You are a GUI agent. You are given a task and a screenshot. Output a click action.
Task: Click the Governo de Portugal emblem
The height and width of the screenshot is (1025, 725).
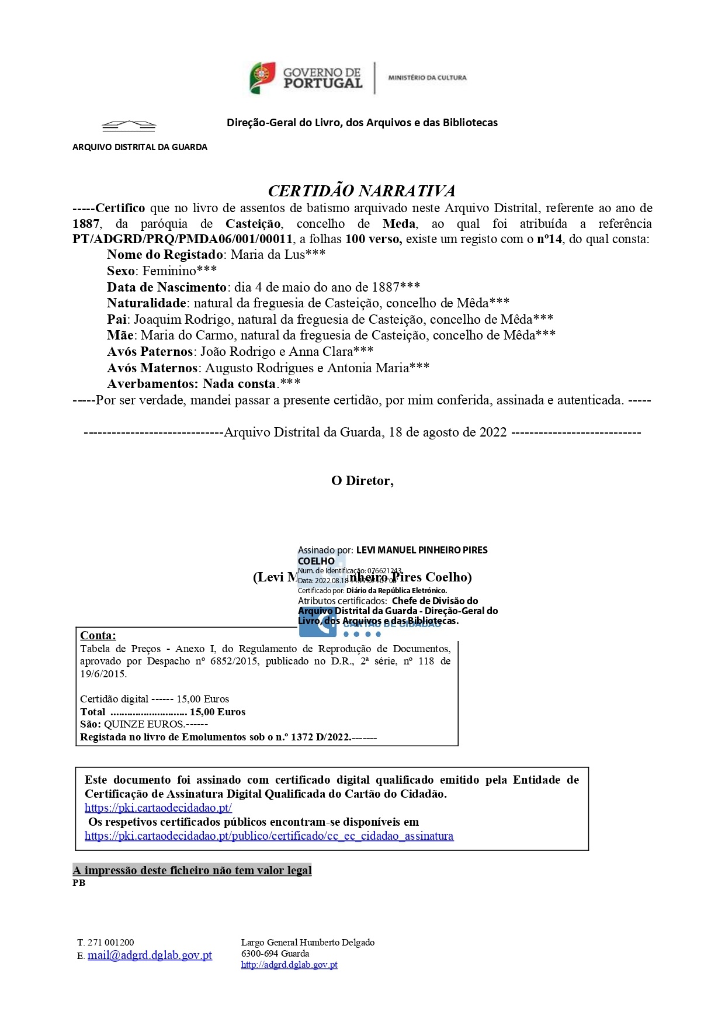[x=263, y=78]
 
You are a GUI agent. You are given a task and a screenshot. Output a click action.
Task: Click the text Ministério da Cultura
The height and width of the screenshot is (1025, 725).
[x=427, y=77]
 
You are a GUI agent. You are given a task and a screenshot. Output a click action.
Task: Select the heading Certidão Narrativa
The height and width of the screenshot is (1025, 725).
[x=362, y=191]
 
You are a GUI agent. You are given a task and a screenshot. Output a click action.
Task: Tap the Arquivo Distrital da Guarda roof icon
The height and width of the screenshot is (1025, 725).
[x=129, y=125]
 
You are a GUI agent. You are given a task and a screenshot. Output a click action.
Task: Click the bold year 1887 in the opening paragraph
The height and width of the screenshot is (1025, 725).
[x=86, y=224]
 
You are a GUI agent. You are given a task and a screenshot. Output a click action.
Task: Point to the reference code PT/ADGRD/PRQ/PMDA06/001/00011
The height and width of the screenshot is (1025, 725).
[x=182, y=239]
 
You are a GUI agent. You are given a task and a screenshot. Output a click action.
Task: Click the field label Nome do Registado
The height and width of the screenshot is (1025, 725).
[x=165, y=255]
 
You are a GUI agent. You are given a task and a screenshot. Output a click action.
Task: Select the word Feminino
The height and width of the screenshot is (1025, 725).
[x=169, y=271]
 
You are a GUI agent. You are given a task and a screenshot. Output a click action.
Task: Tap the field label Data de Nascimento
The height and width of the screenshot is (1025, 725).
[x=166, y=288]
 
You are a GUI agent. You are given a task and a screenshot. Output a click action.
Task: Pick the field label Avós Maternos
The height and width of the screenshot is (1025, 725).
[x=152, y=368]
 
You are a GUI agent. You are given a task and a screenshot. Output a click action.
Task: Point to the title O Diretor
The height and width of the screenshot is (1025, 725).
[x=362, y=481]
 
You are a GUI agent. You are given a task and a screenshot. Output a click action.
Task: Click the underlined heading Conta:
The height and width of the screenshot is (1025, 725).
[x=98, y=636]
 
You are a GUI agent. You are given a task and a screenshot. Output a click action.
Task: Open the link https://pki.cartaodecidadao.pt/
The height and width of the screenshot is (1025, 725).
[x=158, y=808]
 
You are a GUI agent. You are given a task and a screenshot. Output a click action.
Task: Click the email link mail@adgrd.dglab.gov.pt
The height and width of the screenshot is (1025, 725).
[x=150, y=955]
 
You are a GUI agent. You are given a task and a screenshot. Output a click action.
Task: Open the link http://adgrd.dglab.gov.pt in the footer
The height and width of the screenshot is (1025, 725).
[x=289, y=965]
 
